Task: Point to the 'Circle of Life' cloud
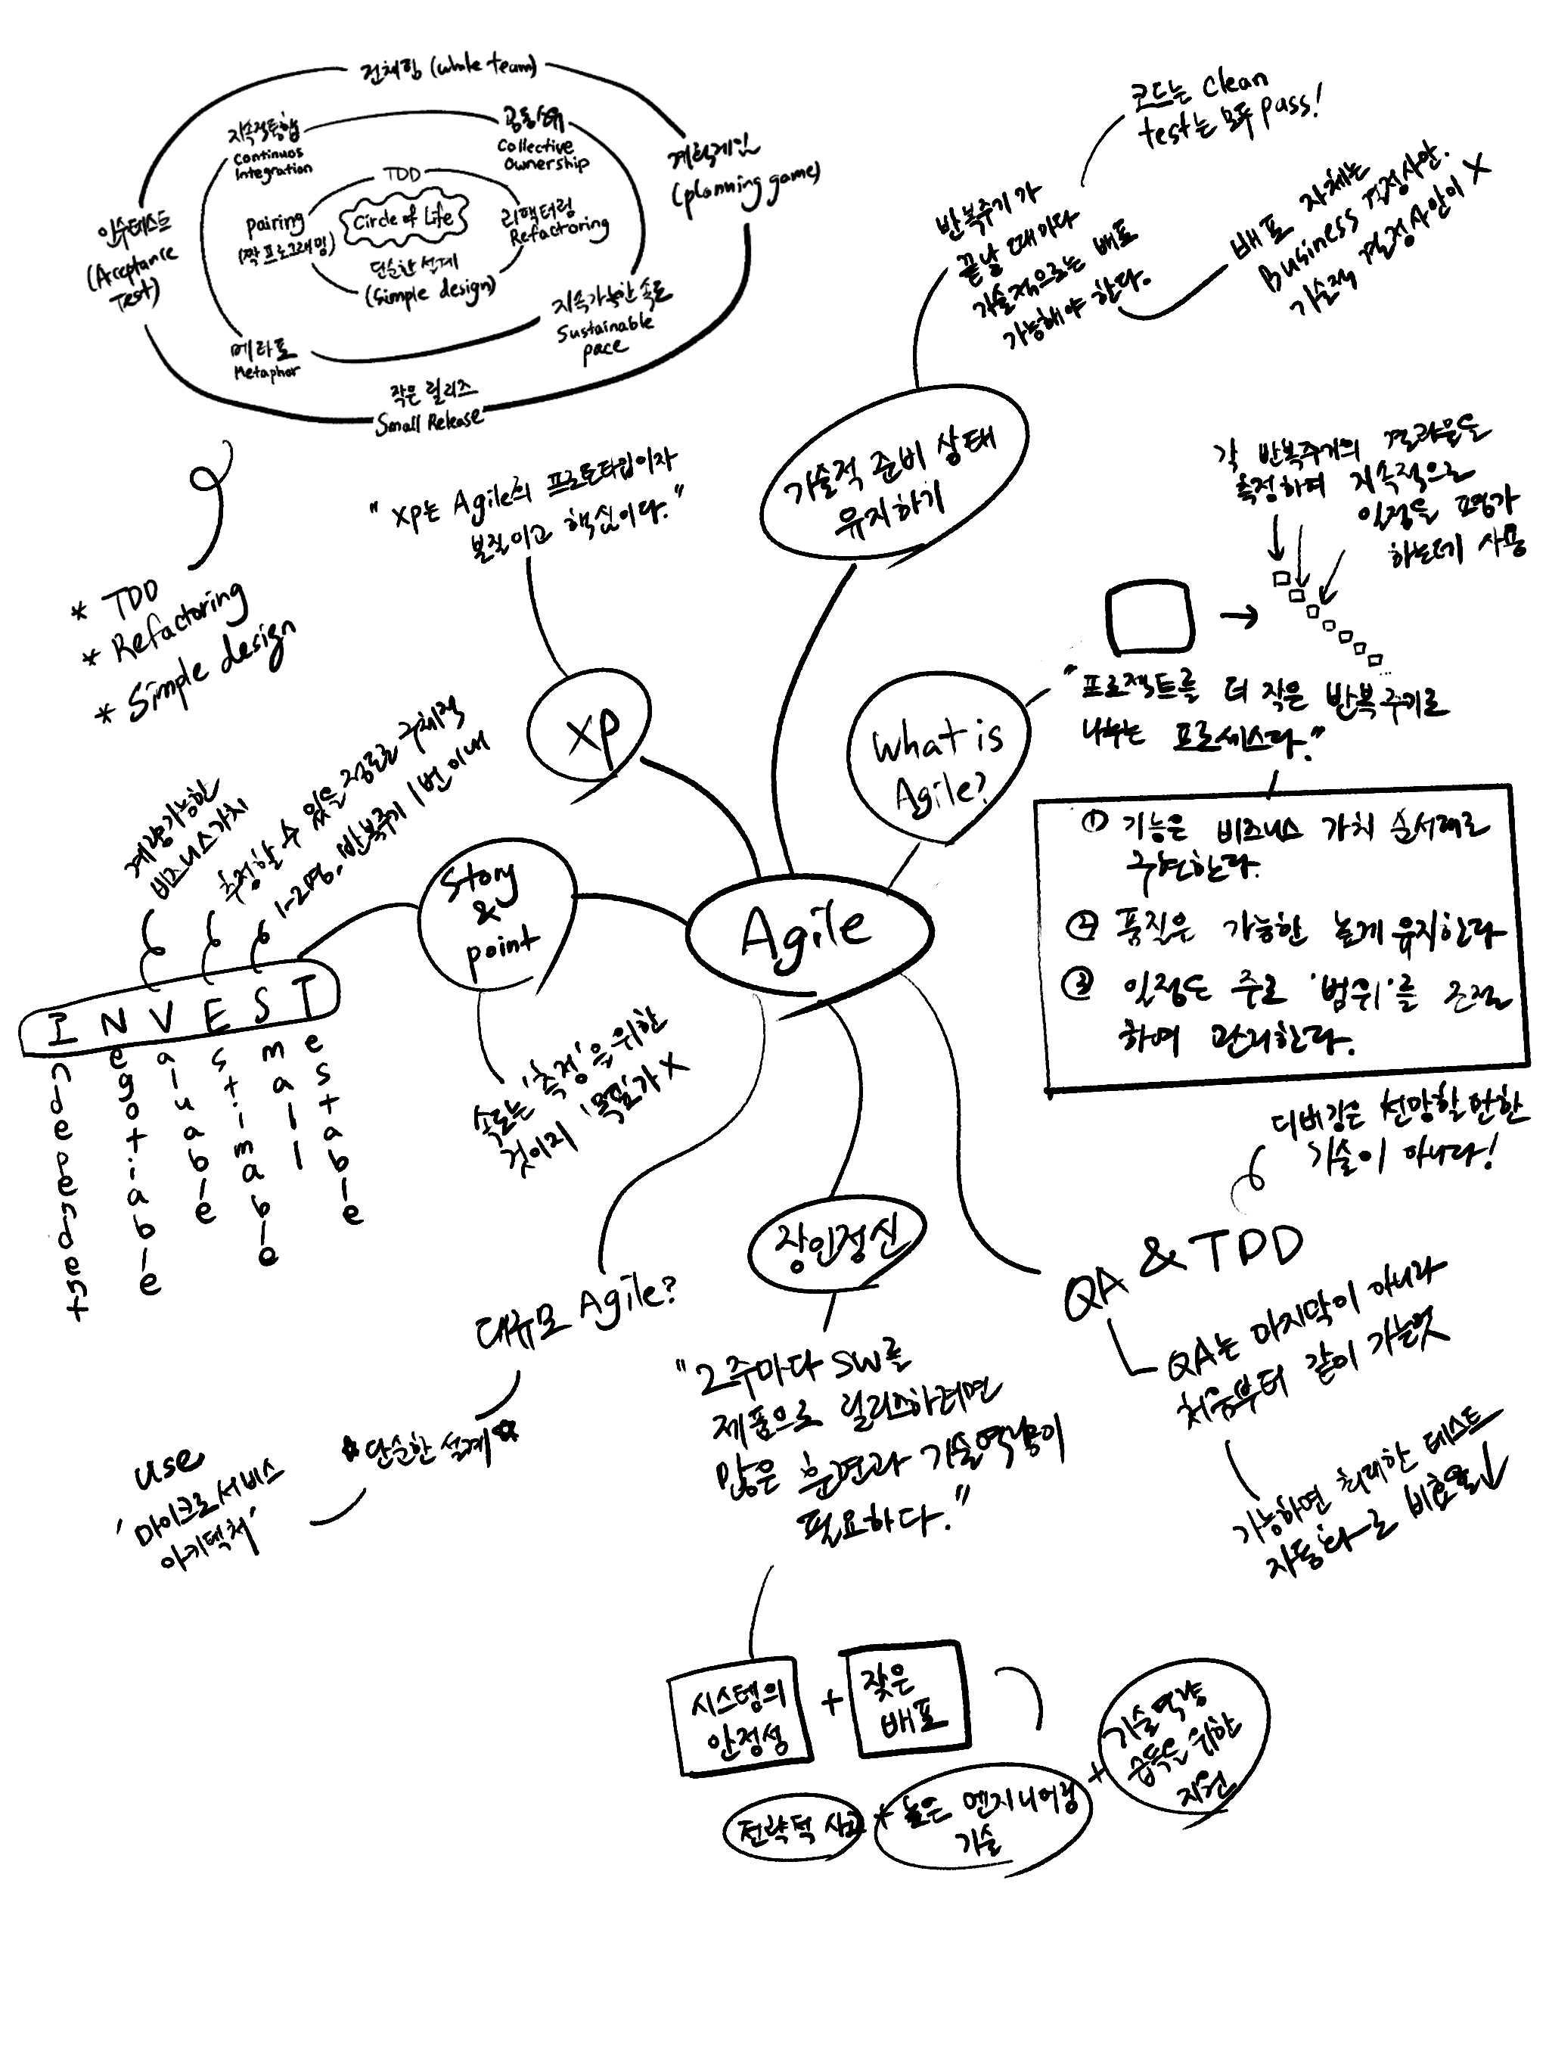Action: coord(404,219)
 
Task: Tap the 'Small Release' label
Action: coord(429,421)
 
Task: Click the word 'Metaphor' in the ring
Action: coord(266,372)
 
